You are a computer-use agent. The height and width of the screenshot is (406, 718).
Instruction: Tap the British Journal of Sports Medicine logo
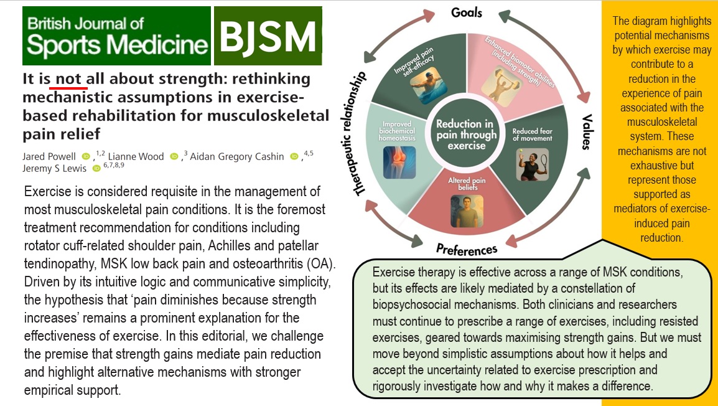pyautogui.click(x=116, y=35)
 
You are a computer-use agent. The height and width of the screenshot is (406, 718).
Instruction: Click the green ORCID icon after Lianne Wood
pyautogui.click(x=174, y=156)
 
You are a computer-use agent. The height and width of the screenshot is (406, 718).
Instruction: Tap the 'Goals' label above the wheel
pyautogui.click(x=467, y=12)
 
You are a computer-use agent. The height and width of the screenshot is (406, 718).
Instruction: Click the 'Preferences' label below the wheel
pyautogui.click(x=467, y=249)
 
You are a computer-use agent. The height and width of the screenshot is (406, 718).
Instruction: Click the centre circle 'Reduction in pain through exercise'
pyautogui.click(x=467, y=134)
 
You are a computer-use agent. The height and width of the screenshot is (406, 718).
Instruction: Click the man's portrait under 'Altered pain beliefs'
pyautogui.click(x=467, y=211)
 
